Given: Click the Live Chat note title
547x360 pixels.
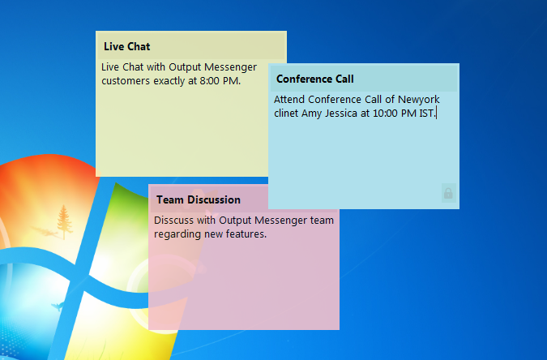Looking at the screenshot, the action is pyautogui.click(x=127, y=46).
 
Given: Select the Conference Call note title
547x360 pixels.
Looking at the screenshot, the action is pyautogui.click(x=315, y=79).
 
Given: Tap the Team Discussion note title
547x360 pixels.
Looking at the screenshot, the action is pyautogui.click(x=199, y=199).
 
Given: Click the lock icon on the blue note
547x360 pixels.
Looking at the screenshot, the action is pyautogui.click(x=448, y=193).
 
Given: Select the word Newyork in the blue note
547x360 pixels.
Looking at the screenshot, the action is pyautogui.click(x=419, y=100).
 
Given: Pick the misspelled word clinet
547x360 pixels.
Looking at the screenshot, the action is pyautogui.click(x=286, y=114).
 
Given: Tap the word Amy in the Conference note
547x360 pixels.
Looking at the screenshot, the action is pyautogui.click(x=311, y=114).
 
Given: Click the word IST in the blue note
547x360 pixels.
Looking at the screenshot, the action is pyautogui.click(x=426, y=114).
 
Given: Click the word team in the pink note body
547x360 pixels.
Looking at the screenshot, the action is pyautogui.click(x=322, y=221).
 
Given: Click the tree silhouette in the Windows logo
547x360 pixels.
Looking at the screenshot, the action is pyautogui.click(x=64, y=222).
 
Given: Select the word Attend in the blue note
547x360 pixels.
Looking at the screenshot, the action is pyautogui.click(x=289, y=100).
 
